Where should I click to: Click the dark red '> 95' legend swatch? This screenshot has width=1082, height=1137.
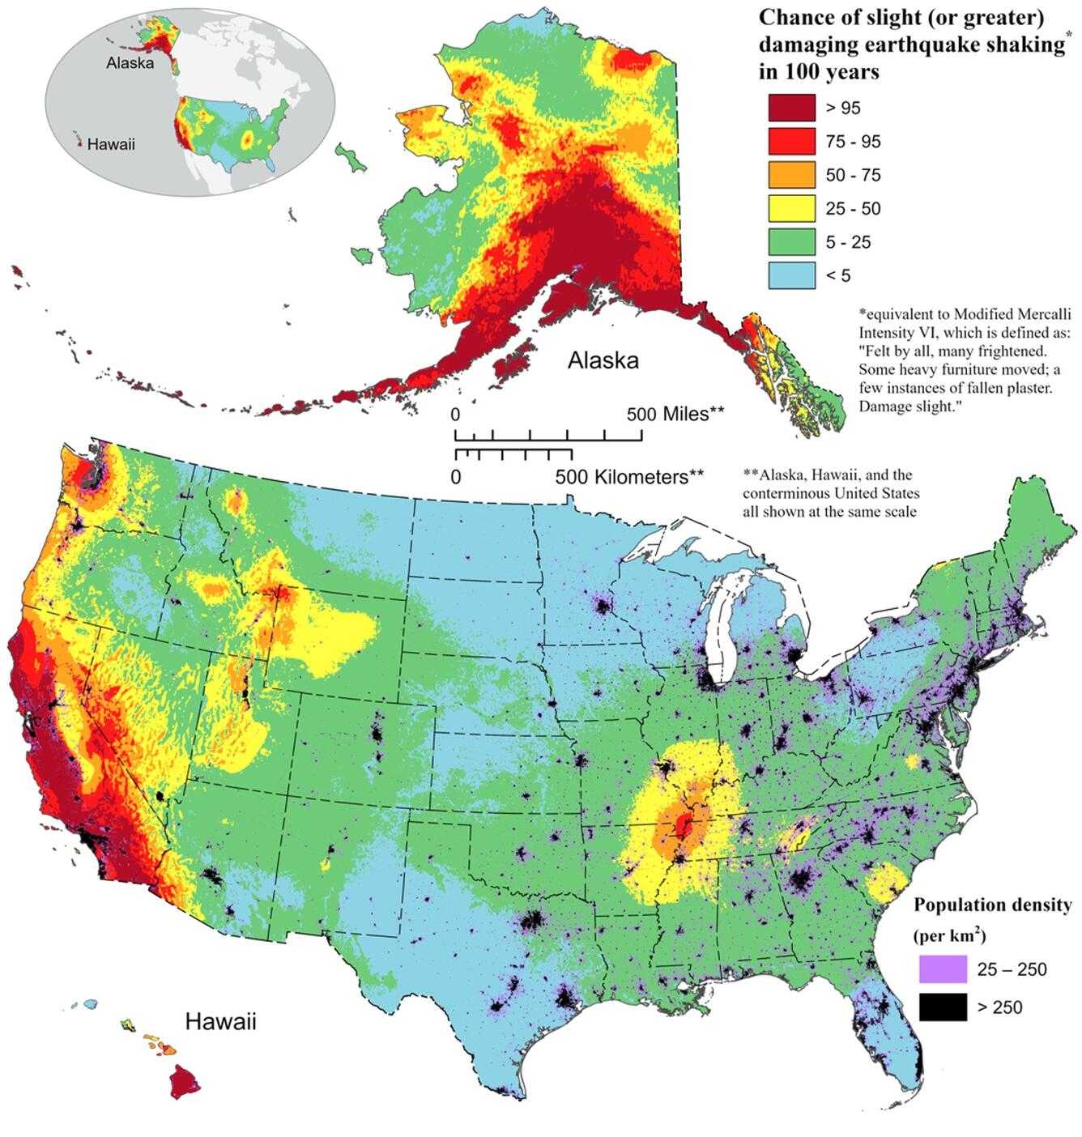pos(791,108)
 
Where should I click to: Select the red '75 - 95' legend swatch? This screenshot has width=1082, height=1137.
pos(791,142)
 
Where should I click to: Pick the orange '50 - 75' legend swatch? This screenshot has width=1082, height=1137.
pos(791,175)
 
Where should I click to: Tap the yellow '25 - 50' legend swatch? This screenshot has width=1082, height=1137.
pos(791,208)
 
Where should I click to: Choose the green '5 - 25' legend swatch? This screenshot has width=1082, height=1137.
pos(791,242)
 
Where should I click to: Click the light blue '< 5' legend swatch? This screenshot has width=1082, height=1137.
pos(791,275)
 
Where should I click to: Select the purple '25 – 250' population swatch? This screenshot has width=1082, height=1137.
pos(943,969)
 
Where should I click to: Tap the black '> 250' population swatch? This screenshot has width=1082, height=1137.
pos(943,1007)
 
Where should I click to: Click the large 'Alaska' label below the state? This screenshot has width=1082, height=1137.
pos(603,360)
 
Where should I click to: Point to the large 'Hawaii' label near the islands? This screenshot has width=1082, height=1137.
pos(220,1021)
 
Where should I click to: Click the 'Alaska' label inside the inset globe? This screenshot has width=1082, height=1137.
pos(130,63)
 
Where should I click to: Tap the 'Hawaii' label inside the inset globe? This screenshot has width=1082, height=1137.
pos(111,145)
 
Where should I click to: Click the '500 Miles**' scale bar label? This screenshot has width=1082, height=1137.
pos(675,415)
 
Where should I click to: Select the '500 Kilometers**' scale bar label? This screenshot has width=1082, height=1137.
pos(629,477)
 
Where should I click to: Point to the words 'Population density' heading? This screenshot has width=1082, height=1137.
pos(992,905)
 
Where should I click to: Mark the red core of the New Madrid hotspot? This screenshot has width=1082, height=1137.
pos(684,826)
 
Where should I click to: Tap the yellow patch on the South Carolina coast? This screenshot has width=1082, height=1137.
pos(883,884)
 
